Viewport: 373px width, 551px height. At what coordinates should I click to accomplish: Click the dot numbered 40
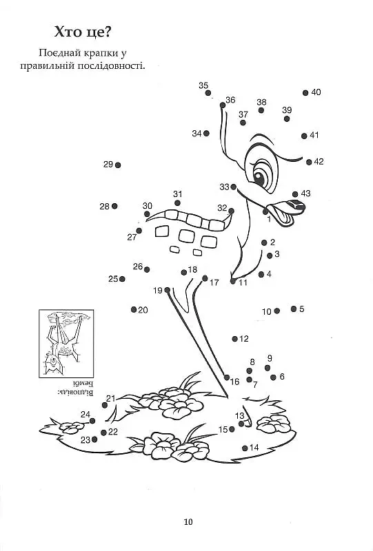coord(305,93)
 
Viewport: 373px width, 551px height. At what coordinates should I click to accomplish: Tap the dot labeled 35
coord(208,93)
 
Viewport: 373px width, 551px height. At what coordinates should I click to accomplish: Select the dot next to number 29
coord(118,165)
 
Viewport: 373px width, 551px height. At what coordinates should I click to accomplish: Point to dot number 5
coord(294,309)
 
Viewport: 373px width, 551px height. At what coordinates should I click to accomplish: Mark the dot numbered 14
coord(245,448)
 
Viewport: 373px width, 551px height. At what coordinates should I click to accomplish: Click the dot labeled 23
coord(94,439)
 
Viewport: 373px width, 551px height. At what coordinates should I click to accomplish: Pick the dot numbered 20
coord(133,309)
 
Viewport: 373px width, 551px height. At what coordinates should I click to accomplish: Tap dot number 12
coord(234,339)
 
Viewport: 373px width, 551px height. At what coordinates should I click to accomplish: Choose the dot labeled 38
coord(261,110)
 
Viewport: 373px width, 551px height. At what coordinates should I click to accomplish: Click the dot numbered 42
coord(309,162)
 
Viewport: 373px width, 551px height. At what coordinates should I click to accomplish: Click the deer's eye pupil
coord(260,178)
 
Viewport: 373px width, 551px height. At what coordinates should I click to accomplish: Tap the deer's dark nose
coord(296,205)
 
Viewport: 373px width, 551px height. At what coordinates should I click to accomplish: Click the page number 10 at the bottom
coord(188,522)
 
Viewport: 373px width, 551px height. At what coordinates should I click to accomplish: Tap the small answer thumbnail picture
coord(66,343)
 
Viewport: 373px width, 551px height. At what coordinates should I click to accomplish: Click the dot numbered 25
coord(122,279)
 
